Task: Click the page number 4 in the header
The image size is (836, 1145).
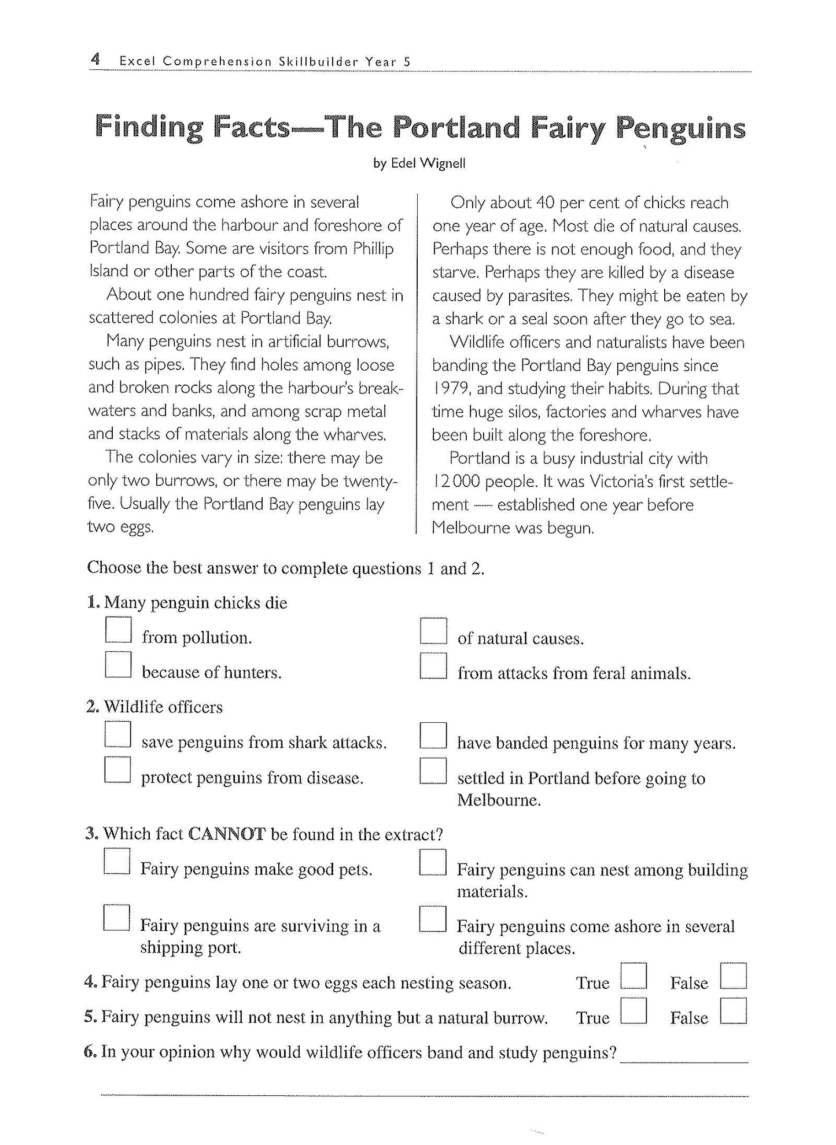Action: tap(96, 59)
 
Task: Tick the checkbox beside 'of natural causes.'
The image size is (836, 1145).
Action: tap(433, 631)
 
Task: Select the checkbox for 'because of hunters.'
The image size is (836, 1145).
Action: tap(118, 665)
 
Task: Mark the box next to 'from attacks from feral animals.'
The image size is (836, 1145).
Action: tap(433, 666)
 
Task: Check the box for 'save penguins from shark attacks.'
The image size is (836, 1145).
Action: tap(118, 735)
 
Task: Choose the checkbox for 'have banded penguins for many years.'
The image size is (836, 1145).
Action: tap(433, 736)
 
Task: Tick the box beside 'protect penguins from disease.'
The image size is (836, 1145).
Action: tap(118, 770)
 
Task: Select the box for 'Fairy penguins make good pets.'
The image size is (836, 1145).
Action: tap(117, 862)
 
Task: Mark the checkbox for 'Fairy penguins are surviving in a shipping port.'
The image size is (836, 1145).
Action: tap(117, 918)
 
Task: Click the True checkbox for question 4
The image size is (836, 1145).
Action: tap(633, 976)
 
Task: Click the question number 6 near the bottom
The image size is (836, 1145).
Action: tap(89, 1052)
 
